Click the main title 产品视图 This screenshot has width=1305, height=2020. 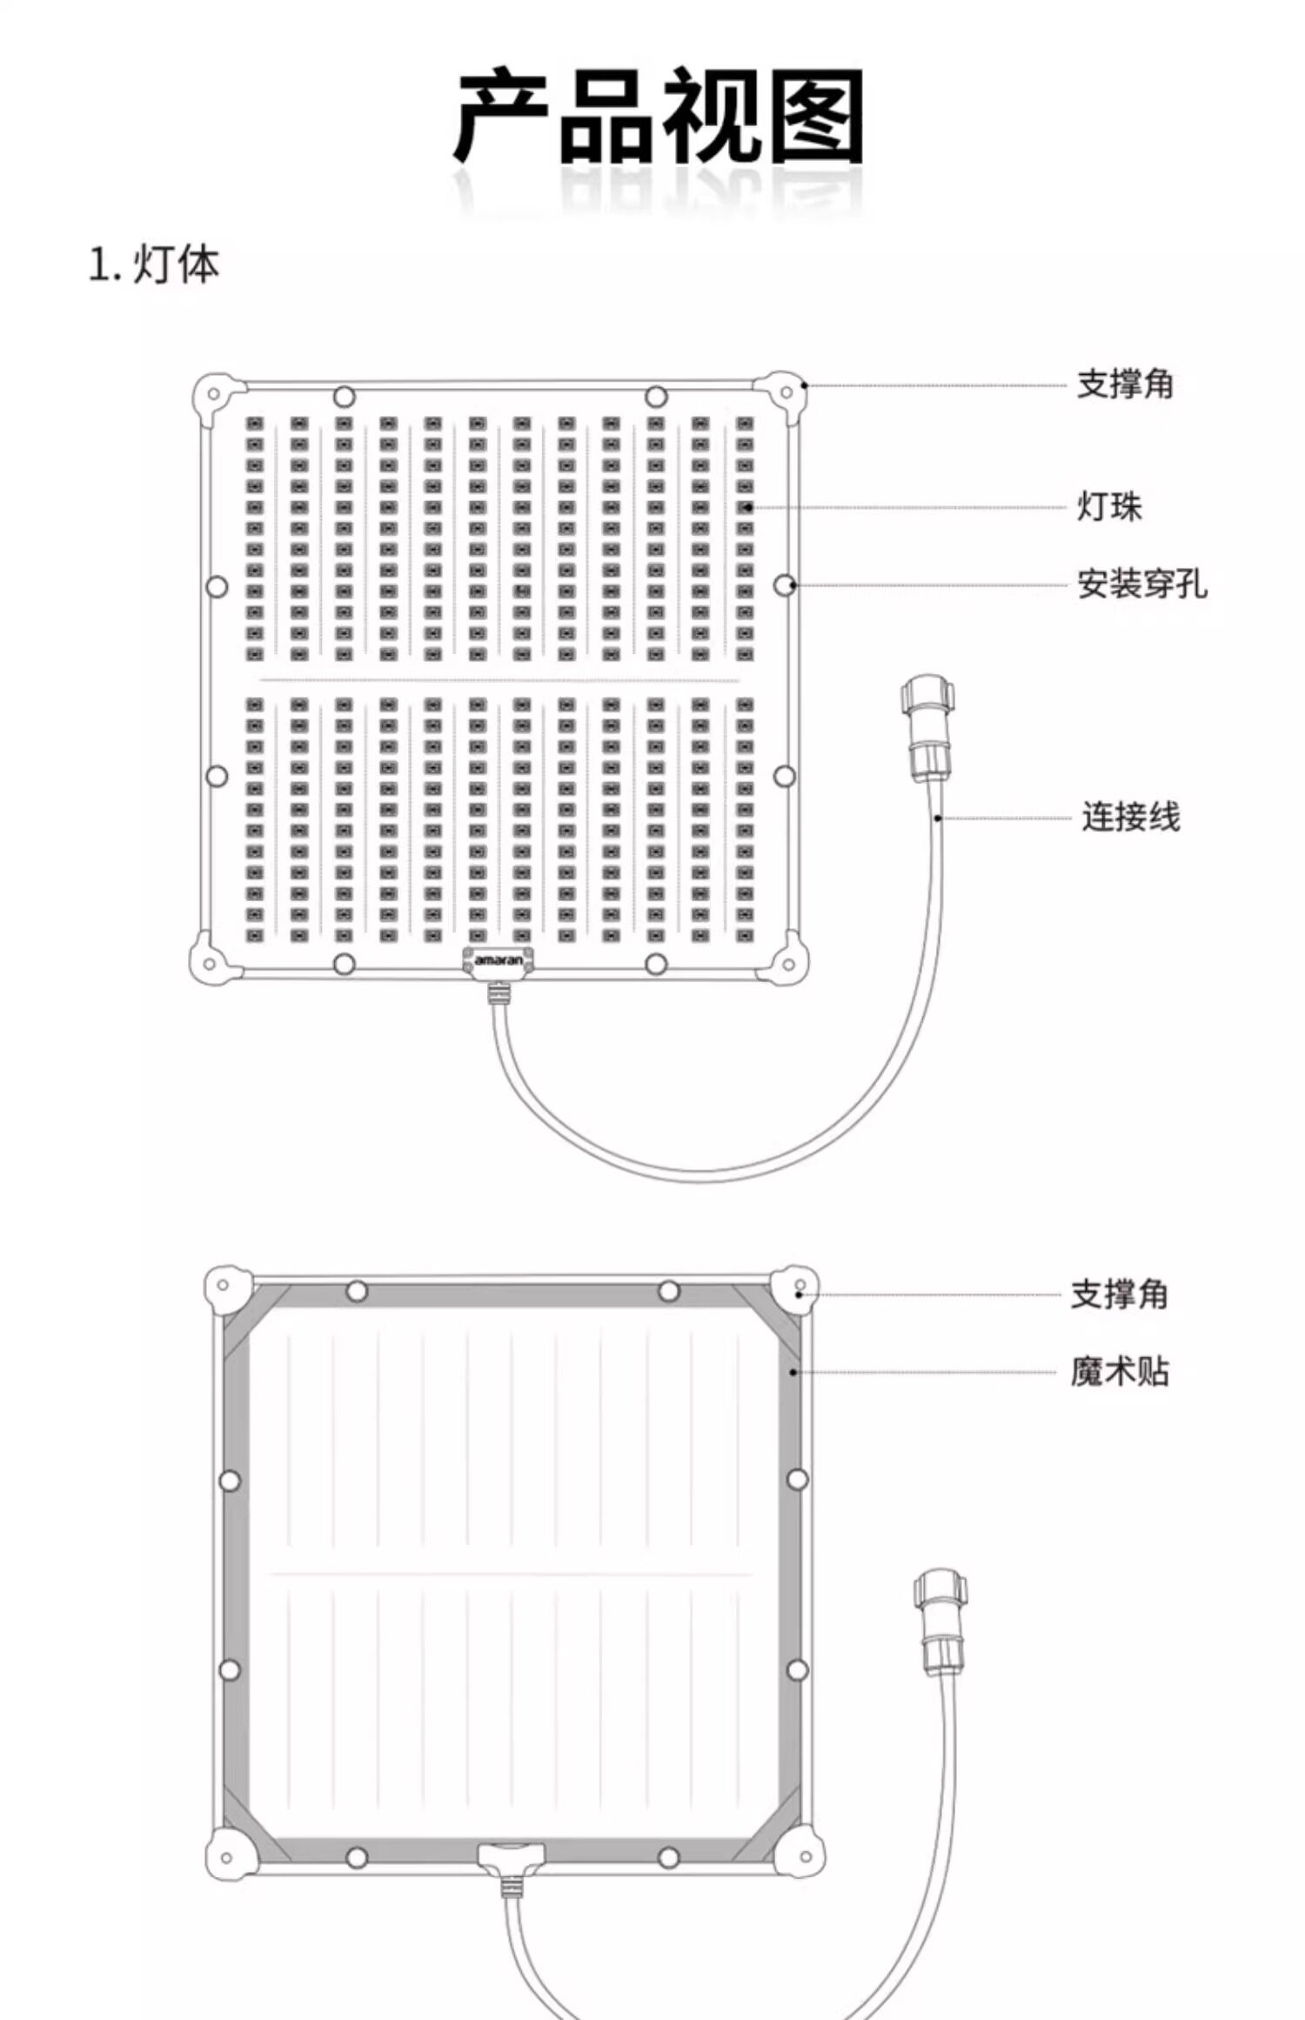point(658,117)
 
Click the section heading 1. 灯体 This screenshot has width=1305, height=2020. point(154,264)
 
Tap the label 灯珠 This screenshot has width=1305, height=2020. point(1109,506)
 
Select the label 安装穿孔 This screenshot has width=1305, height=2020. point(1141,585)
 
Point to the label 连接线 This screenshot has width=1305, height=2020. point(1130,817)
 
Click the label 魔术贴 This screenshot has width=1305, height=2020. point(1120,1372)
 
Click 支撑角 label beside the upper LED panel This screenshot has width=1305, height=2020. point(1125,384)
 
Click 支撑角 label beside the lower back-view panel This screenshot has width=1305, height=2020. point(1119,1294)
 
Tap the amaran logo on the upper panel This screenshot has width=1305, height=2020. point(499,960)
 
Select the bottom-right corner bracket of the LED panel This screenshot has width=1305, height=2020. point(786,960)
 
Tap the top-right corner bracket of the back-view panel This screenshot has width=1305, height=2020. point(795,1288)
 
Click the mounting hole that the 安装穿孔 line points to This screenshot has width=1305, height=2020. point(784,585)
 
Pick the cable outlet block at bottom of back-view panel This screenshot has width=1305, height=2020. point(511,1856)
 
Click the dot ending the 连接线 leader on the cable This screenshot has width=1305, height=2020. point(938,818)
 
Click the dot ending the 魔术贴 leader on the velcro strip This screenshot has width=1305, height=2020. point(793,1372)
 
